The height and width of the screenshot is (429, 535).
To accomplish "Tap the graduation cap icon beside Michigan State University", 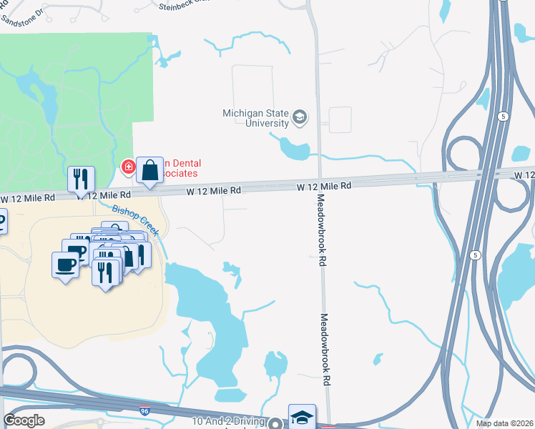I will (300, 117).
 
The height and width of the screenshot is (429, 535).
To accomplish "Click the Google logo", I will (24, 420).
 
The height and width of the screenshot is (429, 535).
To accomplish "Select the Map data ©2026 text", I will (504, 423).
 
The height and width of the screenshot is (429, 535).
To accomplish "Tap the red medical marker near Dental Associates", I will (128, 167).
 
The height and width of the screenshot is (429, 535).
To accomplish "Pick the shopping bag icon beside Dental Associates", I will (149, 171).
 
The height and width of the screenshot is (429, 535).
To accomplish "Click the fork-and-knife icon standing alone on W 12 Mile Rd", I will (81, 179).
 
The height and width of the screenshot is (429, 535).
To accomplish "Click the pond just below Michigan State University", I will (294, 149).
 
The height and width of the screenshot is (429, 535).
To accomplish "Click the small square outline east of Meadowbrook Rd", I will (340, 119).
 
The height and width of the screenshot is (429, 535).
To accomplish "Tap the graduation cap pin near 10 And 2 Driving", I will (302, 415).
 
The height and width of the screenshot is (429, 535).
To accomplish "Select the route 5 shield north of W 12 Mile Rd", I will (504, 116).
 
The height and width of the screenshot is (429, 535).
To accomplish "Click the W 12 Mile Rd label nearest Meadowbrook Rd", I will (325, 186).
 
